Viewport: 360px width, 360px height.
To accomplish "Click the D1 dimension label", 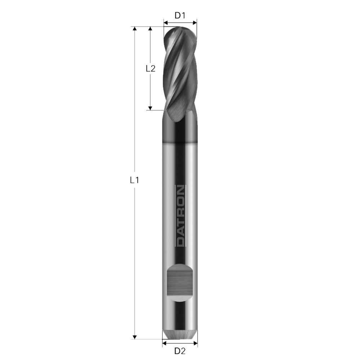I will coord(180,15).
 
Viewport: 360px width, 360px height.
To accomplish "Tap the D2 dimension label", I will coord(180,350).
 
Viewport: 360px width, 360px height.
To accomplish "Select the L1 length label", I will coord(134,180).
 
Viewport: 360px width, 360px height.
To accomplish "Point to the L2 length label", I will coord(150,68).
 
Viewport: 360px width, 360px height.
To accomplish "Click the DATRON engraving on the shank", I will coord(180,216).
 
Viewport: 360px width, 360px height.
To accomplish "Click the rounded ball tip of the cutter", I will coord(180,30).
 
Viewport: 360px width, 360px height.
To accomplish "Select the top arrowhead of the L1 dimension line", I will coord(135,29).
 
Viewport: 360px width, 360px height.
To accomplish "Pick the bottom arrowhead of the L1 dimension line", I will coord(135,337).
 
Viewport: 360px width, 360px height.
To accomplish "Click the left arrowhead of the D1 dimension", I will coord(165,22).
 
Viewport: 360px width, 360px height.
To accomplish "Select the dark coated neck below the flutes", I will coord(180,131).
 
